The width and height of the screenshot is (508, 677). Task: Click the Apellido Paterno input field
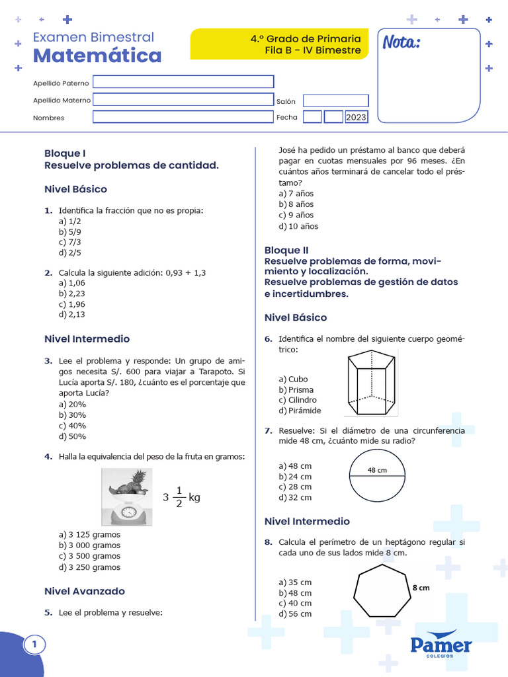183,81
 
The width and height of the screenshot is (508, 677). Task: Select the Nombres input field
183,117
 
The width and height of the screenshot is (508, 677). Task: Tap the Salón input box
336,100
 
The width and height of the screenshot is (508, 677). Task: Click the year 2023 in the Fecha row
356,117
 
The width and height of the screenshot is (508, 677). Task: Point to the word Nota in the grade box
401,43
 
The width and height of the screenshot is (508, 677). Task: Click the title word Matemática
97,56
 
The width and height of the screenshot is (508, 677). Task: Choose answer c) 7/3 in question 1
70,242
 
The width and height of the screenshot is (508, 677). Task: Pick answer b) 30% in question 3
72,415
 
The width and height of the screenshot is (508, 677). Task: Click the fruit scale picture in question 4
130,497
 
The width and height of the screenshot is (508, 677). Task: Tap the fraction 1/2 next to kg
178,497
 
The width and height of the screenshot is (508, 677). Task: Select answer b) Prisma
296,389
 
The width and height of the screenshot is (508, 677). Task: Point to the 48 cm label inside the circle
377,470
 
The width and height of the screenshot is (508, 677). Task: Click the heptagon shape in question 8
382,592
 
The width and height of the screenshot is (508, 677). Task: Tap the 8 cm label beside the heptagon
421,587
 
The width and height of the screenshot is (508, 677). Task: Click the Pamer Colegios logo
441,645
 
